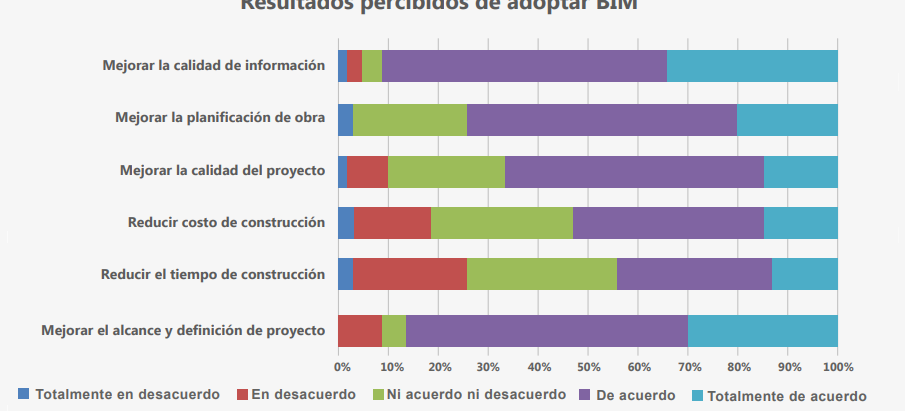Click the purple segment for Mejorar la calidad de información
click(524, 66)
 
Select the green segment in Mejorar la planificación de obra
click(410, 119)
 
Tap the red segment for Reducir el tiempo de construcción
click(410, 274)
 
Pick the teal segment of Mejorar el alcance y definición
click(762, 330)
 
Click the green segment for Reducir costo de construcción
click(502, 223)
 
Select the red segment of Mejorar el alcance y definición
click(360, 330)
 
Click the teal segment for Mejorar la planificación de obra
click(787, 119)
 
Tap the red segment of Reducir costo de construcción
click(392, 223)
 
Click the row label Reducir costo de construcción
click(226, 222)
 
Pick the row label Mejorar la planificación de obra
click(220, 118)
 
